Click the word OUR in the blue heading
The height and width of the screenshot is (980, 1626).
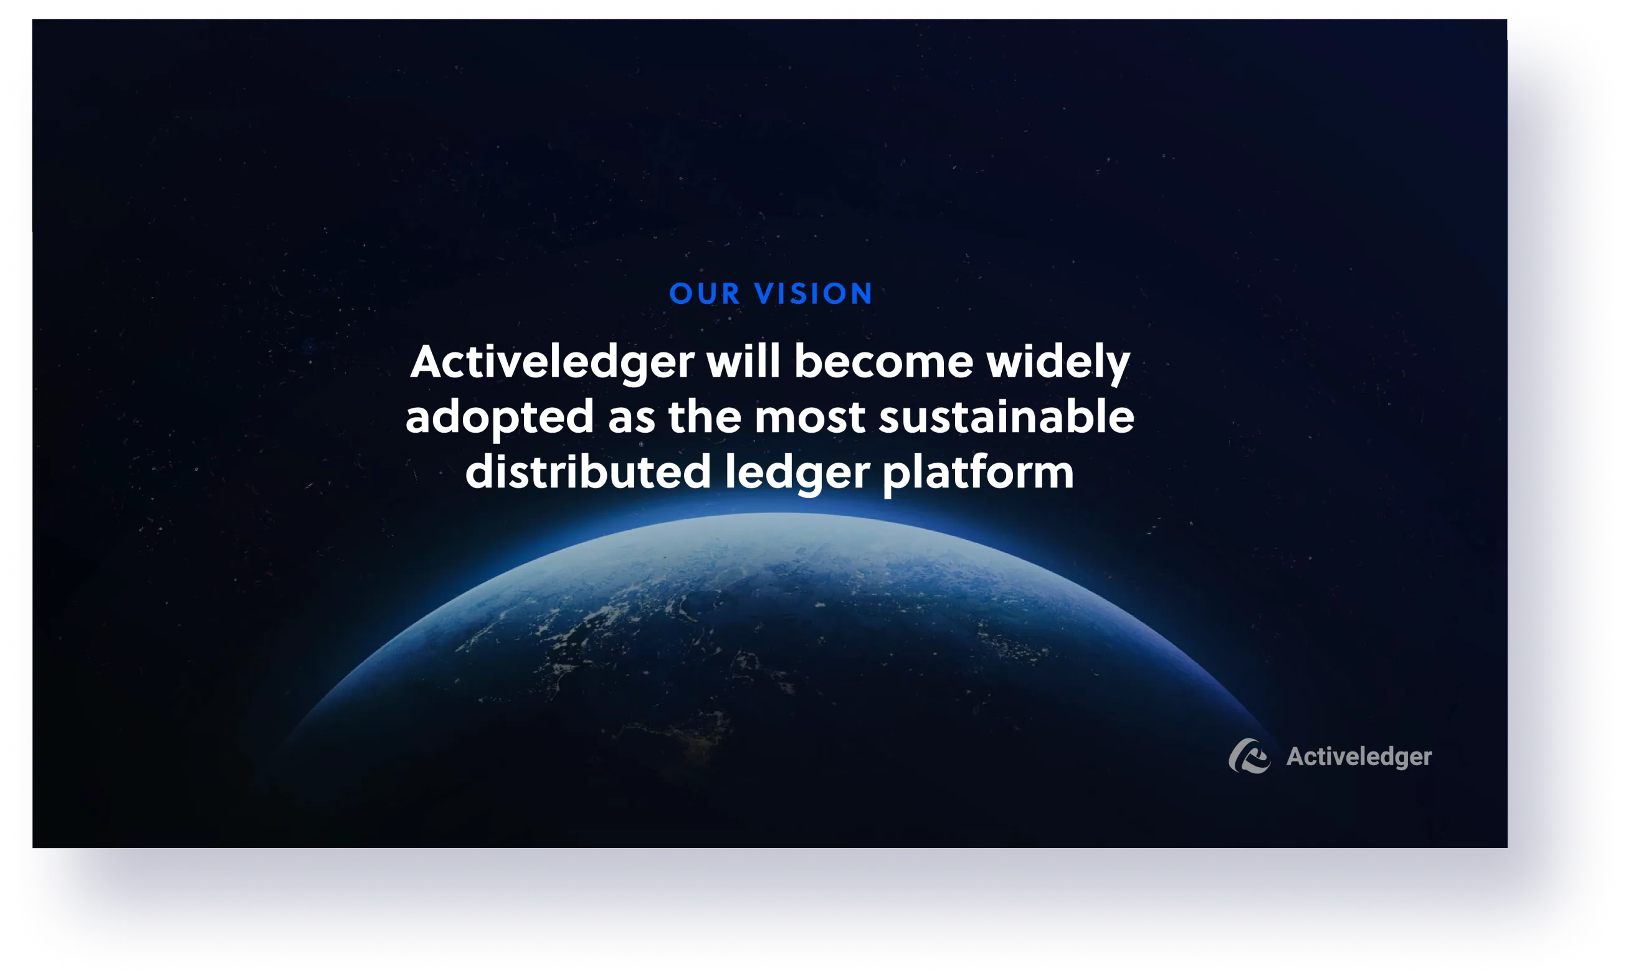(704, 294)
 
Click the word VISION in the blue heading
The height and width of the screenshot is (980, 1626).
(814, 294)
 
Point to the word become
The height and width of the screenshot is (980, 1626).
(883, 362)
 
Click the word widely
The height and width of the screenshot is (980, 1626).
(1058, 363)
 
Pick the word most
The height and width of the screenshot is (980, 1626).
(810, 417)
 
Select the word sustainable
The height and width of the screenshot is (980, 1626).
(1006, 417)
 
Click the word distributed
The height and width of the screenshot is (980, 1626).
(587, 472)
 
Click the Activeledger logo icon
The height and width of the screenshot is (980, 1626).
(1248, 756)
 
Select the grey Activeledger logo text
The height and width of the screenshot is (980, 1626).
(1359, 757)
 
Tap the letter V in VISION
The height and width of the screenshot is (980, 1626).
(766, 294)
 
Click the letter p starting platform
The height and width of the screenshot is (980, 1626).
(895, 476)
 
